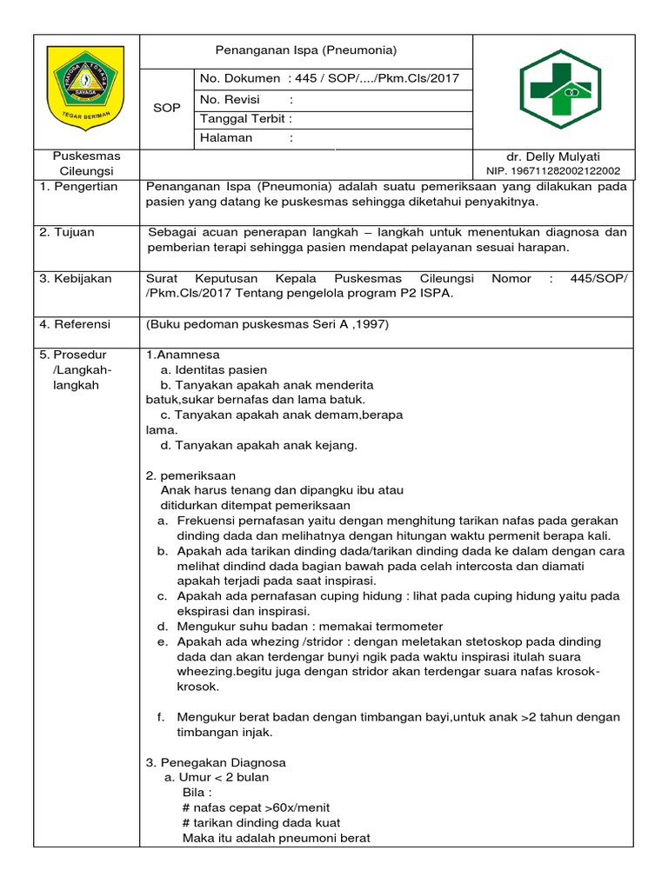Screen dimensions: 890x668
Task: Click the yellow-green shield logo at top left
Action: (x=84, y=89)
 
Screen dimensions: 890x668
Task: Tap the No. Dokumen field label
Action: (x=240, y=79)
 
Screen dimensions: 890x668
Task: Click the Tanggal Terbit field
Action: (x=246, y=118)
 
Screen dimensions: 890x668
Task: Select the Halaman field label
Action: (x=227, y=137)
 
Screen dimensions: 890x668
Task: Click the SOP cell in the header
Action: (x=166, y=108)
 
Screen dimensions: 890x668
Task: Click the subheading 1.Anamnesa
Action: (x=183, y=355)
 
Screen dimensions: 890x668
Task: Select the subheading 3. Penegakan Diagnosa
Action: (x=216, y=762)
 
